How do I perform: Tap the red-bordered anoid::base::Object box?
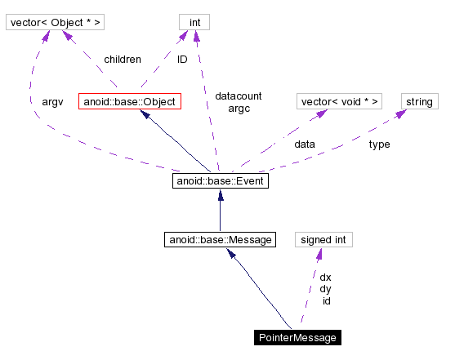(x=128, y=102)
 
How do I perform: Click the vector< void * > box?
(x=339, y=101)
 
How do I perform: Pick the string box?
(x=419, y=101)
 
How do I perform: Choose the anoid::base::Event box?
(x=221, y=180)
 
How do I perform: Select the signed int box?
(x=323, y=239)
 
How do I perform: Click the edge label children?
(x=123, y=60)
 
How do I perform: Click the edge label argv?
(x=52, y=101)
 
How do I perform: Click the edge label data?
(x=305, y=144)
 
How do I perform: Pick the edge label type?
(x=379, y=144)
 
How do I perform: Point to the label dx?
(x=325, y=277)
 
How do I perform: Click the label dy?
(x=325, y=289)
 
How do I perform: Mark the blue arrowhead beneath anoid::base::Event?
(x=221, y=196)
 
